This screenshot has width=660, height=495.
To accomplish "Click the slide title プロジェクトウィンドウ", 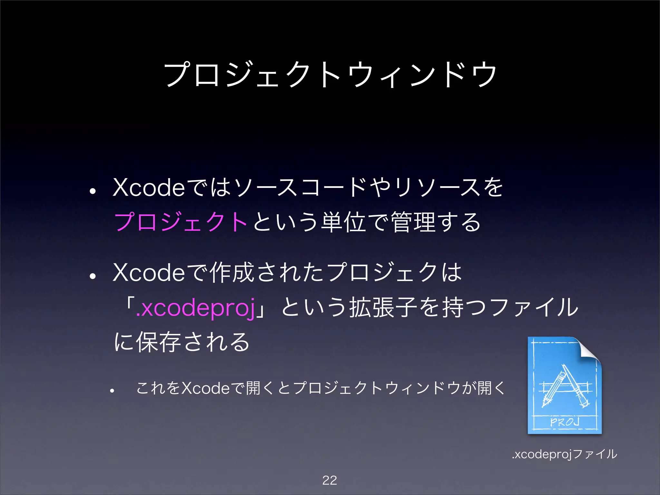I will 330,75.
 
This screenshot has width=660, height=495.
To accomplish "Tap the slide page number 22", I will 329,480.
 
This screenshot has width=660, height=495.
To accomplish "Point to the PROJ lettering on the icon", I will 565,422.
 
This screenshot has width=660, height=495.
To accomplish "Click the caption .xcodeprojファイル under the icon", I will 565,454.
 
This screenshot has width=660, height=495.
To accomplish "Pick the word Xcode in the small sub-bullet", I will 205,388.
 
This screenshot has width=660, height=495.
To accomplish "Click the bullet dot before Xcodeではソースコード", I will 93,191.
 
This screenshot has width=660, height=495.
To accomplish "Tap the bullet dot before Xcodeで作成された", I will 93,276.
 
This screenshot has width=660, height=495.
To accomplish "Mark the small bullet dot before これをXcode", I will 112,391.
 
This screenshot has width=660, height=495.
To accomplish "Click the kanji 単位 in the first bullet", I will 344,222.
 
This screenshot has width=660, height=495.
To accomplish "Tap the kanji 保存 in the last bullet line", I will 158,342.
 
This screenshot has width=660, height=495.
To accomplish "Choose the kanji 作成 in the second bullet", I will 232,273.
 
